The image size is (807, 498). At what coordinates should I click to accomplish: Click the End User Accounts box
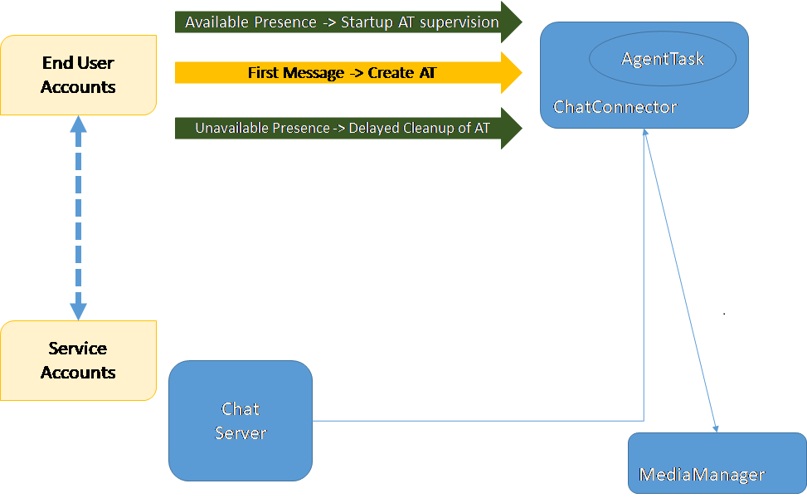tap(78, 75)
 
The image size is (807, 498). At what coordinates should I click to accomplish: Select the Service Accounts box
tap(78, 360)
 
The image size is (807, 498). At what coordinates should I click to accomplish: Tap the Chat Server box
tap(241, 421)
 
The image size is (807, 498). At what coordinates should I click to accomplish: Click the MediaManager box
tap(717, 463)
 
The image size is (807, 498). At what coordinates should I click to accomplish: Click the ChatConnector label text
tap(615, 107)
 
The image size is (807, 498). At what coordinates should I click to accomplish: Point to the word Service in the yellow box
tap(77, 349)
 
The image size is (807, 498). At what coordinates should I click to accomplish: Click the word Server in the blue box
tap(241, 433)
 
